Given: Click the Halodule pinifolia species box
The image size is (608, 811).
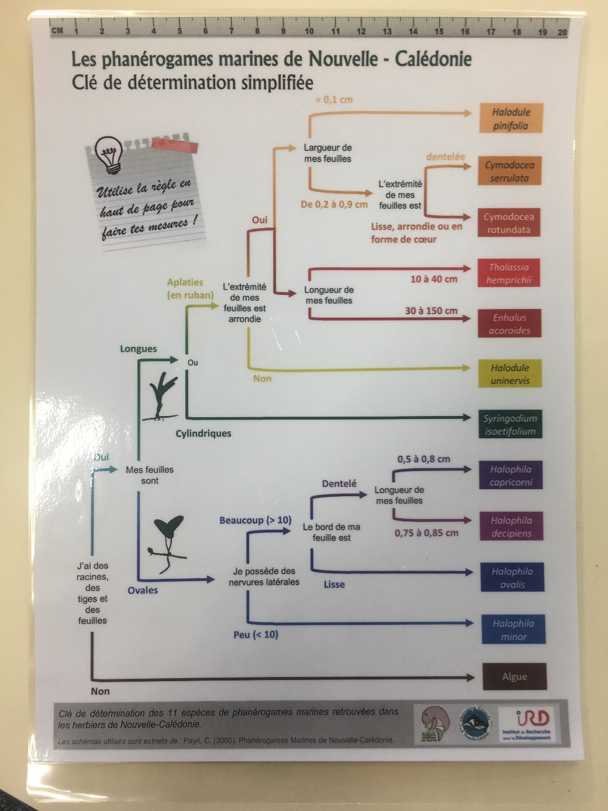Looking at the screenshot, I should click(x=510, y=119).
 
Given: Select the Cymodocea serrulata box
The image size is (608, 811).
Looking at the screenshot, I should click(x=509, y=171).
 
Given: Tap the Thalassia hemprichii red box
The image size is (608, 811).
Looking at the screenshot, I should click(x=509, y=273).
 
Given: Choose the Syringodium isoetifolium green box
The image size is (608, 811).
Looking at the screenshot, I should click(x=510, y=425).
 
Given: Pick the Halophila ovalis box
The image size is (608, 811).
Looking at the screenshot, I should click(x=512, y=578).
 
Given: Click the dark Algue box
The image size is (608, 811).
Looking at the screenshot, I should click(x=514, y=676).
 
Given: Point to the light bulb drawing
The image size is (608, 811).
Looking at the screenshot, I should click(x=110, y=154).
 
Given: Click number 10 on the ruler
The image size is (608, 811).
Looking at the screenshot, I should click(x=309, y=31).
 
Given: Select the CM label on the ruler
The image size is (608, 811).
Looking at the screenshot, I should click(x=58, y=30).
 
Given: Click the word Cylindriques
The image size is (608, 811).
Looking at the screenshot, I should click(x=203, y=434).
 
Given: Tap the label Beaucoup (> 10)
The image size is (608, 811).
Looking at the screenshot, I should click(x=255, y=520).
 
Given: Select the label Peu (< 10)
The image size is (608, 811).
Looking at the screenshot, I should click(x=255, y=634).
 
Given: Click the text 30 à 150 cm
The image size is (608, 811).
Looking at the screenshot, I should click(x=431, y=311).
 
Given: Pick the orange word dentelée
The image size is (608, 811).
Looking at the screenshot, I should click(x=445, y=157).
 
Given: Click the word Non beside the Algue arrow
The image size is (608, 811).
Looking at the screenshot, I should click(x=100, y=691).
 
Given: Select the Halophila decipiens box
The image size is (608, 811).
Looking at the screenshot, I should click(x=512, y=527).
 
